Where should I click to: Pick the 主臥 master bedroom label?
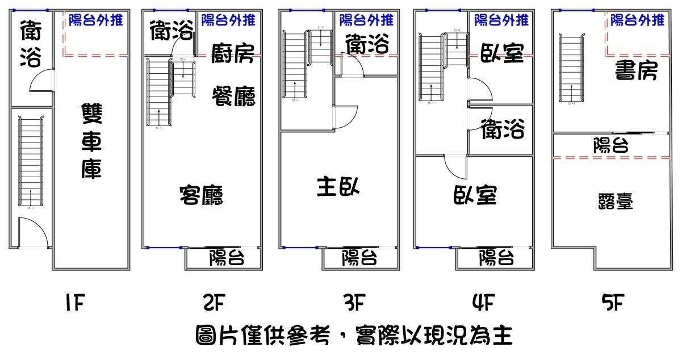338,186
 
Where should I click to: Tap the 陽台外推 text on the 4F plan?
501,20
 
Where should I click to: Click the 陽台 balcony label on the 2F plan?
227,258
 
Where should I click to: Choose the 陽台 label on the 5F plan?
610,146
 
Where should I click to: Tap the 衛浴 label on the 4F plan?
503,130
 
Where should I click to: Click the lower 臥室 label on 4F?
475,196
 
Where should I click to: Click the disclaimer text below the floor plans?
353,336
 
